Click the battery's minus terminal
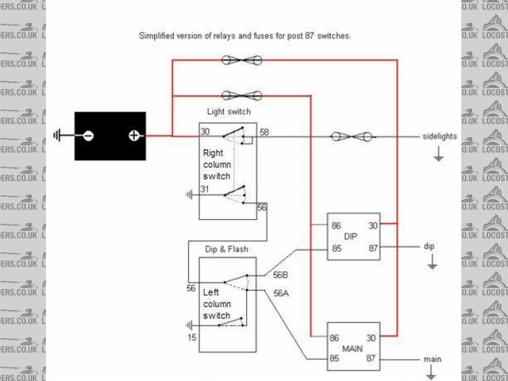(88, 136)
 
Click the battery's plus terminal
(134, 136)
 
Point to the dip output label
(429, 247)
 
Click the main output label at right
(433, 360)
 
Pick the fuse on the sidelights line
(351, 137)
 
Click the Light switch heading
(229, 112)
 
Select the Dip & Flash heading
(226, 249)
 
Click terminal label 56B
(280, 275)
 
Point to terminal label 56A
(280, 293)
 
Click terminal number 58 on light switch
(264, 131)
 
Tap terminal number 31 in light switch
(205, 189)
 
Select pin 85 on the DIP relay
(336, 248)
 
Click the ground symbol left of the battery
(57, 136)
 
